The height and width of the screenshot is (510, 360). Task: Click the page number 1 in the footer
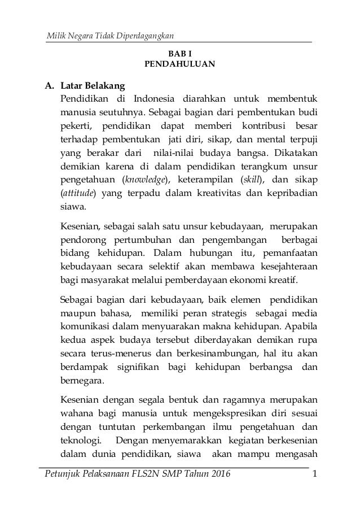(314, 480)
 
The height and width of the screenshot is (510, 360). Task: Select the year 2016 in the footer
(217, 480)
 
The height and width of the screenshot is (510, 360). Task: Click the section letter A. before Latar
(50, 86)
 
